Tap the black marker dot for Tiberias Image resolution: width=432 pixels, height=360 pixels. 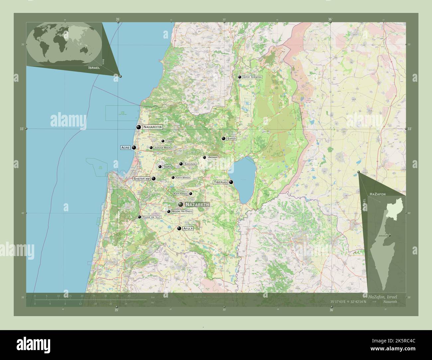[x=231, y=182]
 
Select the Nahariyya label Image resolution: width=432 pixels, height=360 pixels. [x=152, y=127]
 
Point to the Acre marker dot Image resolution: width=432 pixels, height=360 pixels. [x=134, y=147]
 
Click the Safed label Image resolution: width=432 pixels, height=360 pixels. [x=231, y=138]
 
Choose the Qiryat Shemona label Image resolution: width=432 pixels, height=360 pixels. [x=252, y=77]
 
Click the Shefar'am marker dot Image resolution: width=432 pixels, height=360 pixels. [x=154, y=178]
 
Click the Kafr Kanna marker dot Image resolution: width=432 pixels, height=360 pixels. [x=190, y=194]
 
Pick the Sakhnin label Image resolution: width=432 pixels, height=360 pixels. [x=190, y=164]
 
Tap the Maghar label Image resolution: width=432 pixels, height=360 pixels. [x=213, y=157]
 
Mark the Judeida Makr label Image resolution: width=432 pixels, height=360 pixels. [x=162, y=148]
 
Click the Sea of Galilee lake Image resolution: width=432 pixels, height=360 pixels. [x=243, y=179]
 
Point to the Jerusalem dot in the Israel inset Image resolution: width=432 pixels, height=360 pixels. [x=389, y=235]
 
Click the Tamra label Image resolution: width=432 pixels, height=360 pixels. [x=167, y=167]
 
